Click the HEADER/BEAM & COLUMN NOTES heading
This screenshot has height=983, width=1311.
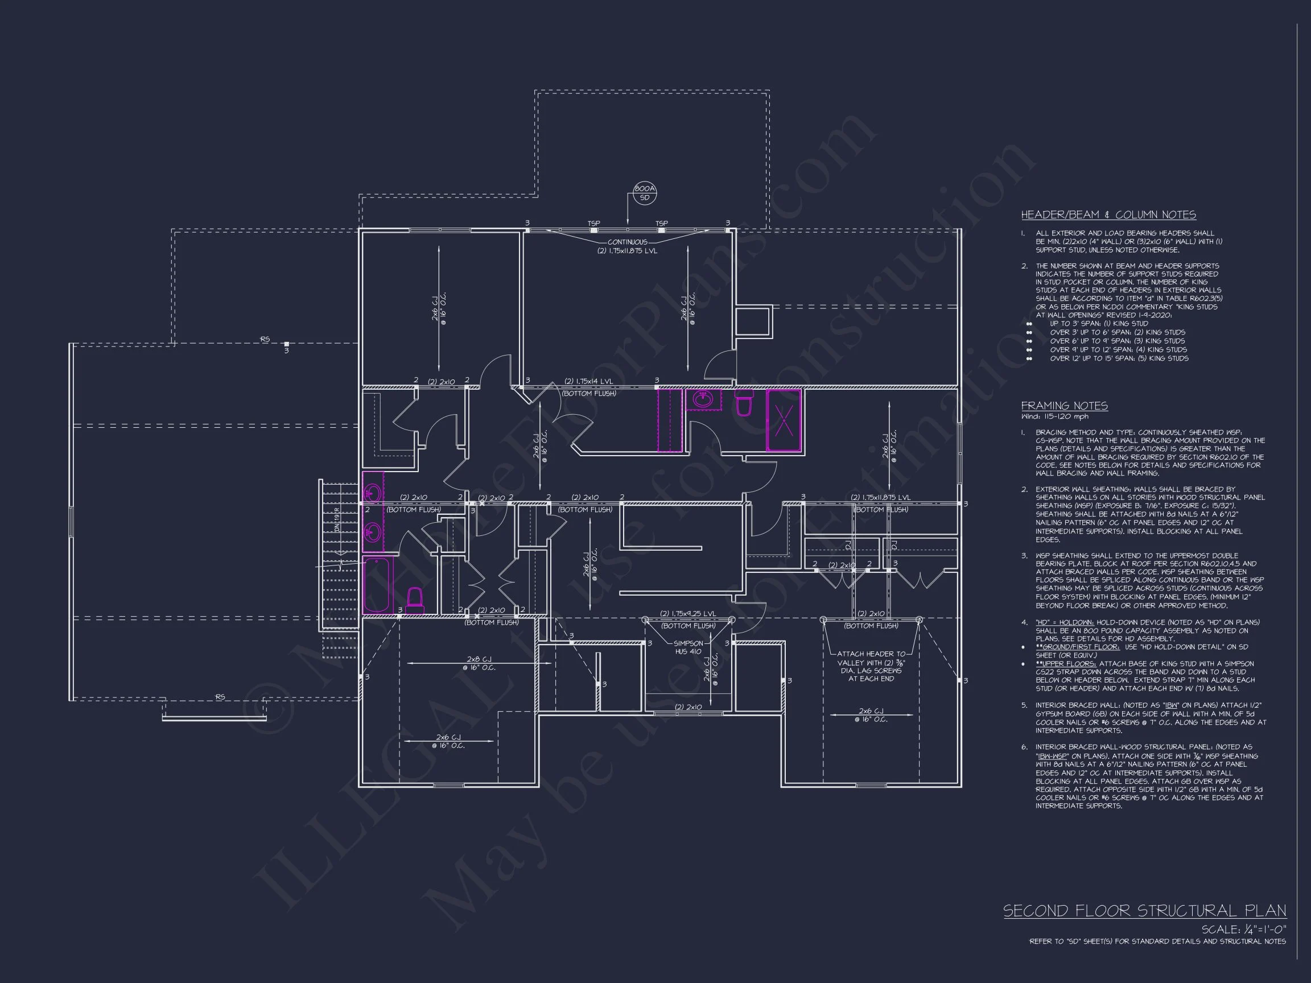(1108, 214)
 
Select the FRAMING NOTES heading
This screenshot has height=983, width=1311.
(1065, 406)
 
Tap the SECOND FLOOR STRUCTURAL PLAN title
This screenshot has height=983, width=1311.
(1144, 911)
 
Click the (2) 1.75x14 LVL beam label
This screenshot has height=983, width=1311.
(588, 382)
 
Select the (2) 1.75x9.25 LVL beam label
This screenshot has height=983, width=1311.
(687, 614)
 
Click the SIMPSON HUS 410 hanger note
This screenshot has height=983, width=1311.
(687, 647)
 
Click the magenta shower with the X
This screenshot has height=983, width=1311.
(784, 420)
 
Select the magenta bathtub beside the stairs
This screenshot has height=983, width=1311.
(377, 584)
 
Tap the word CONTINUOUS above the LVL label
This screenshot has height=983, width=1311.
(627, 242)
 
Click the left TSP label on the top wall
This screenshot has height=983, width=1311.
(593, 224)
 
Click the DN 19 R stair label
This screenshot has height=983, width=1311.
(337, 519)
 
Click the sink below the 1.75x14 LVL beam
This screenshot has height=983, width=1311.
(703, 399)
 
